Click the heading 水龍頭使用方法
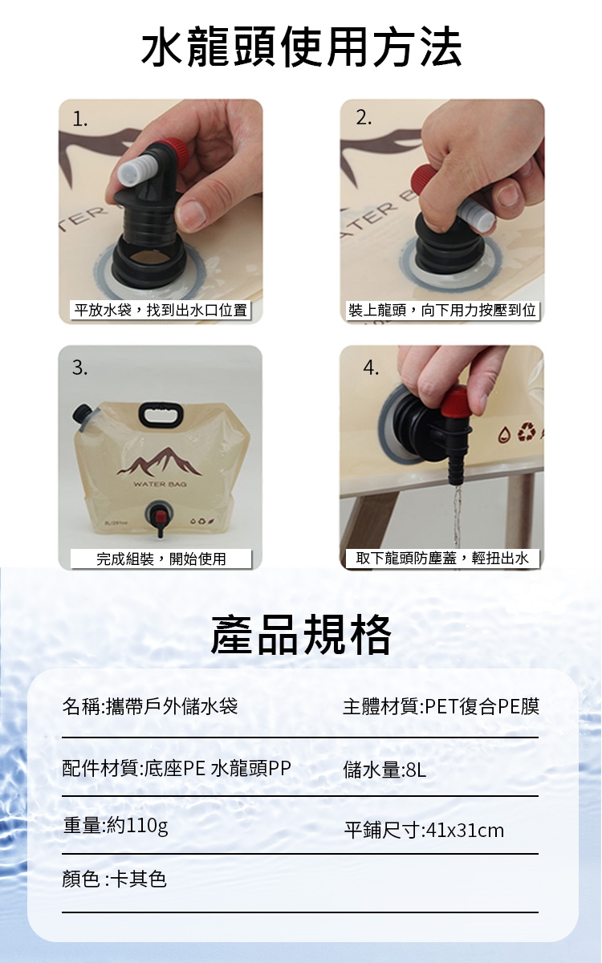[x=301, y=47]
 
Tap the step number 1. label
[x=80, y=119]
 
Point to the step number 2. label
[x=364, y=117]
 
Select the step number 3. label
[x=80, y=368]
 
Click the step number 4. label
[x=371, y=368]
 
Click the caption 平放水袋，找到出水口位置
[x=161, y=310]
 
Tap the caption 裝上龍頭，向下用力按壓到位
[x=442, y=310]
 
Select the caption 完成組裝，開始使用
[x=161, y=559]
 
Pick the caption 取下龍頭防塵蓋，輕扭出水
[x=442, y=558]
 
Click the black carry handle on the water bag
[x=161, y=414]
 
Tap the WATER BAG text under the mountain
[x=160, y=484]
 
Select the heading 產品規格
[x=301, y=635]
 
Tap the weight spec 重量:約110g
[x=116, y=826]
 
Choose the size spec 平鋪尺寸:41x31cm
[x=424, y=830]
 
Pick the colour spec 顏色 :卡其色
[x=114, y=879]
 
